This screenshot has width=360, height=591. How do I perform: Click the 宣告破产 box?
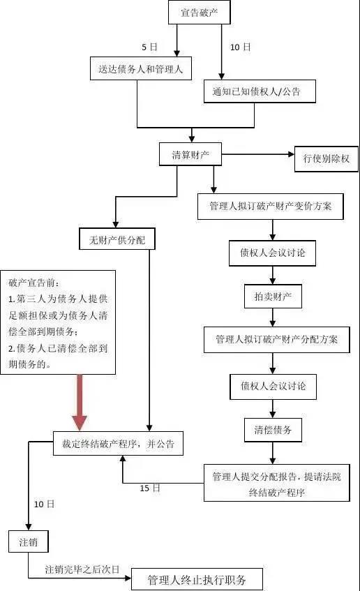click(199, 13)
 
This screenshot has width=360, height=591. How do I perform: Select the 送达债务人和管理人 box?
click(141, 68)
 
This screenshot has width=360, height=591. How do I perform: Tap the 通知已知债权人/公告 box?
click(260, 91)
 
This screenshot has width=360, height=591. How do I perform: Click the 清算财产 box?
click(190, 154)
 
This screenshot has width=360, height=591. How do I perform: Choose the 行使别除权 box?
click(327, 158)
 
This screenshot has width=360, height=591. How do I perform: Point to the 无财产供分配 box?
click(117, 239)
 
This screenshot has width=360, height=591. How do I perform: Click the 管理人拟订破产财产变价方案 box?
click(271, 207)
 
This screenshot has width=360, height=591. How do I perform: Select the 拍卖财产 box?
click(273, 297)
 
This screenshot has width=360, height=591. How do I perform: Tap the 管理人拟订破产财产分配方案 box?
click(277, 340)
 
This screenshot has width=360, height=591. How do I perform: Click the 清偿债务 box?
click(273, 430)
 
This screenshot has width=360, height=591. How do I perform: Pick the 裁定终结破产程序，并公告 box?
click(118, 443)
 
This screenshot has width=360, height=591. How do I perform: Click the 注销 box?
click(29, 541)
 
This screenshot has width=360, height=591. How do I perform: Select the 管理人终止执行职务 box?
click(197, 579)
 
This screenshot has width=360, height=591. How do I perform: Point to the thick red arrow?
click(80, 402)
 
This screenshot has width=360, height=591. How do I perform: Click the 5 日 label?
click(149, 47)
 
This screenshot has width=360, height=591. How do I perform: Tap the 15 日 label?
click(150, 488)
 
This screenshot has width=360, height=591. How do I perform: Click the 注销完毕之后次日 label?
click(82, 569)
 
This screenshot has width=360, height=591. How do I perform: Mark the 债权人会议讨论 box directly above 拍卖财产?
click(273, 253)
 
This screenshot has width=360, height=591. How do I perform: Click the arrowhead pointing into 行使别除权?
click(291, 154)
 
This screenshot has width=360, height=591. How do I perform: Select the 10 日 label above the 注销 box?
click(44, 504)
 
